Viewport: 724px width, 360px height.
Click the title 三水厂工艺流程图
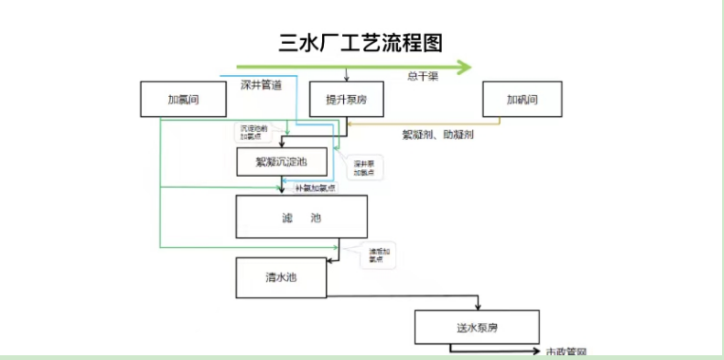tap(359, 42)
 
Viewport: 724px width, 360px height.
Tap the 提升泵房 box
tap(346, 99)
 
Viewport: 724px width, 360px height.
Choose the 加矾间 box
tap(523, 99)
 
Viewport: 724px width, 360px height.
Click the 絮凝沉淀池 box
tap(281, 162)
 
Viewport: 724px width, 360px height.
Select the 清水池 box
tap(281, 277)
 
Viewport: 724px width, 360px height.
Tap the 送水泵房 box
tap(477, 327)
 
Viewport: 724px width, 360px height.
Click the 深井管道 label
tap(260, 86)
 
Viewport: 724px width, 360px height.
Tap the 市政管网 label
tap(566, 352)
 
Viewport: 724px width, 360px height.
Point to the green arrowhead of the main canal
tap(465, 66)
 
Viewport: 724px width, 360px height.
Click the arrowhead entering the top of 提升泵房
tap(346, 80)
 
